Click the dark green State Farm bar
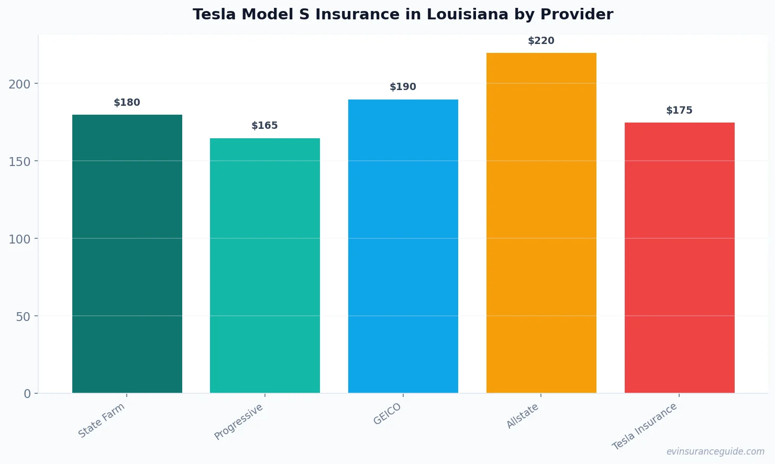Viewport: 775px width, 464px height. (x=127, y=254)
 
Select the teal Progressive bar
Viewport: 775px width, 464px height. (x=265, y=266)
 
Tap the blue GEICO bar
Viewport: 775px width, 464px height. (x=403, y=246)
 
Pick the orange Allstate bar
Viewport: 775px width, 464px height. (x=541, y=223)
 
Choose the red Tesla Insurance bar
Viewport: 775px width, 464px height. (x=679, y=258)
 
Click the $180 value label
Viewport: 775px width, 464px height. (x=127, y=103)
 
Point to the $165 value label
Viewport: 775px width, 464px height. (x=265, y=126)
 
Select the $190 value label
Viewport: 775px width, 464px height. (x=403, y=87)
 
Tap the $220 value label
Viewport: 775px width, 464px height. (x=541, y=41)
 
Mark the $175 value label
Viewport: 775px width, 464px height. (x=679, y=111)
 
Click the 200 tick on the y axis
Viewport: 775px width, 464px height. (x=19, y=84)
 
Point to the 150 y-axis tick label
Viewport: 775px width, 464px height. (x=19, y=161)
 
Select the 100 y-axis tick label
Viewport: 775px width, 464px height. (x=19, y=239)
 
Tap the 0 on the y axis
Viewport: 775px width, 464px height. (x=27, y=394)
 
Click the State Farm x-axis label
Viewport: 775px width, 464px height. (x=102, y=421)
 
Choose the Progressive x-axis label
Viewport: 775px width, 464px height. (x=239, y=422)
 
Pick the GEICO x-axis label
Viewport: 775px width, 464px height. (x=387, y=414)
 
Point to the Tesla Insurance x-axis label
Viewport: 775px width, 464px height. (x=645, y=427)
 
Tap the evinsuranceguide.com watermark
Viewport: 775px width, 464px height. (x=715, y=451)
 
